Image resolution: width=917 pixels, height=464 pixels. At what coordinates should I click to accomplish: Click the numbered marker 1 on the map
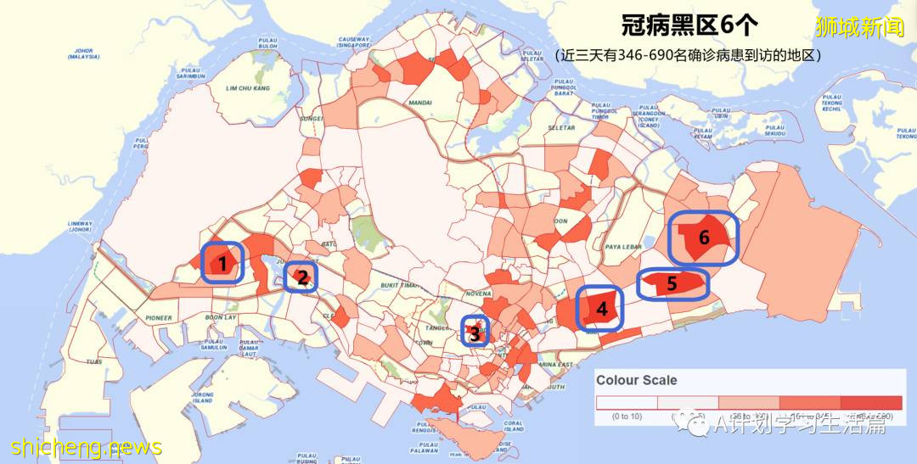click(222, 263)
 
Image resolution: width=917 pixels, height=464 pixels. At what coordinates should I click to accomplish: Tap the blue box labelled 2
click(301, 277)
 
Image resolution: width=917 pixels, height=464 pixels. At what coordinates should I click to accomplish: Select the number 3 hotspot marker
click(475, 333)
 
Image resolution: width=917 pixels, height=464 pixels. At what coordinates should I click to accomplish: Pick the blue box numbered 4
click(601, 309)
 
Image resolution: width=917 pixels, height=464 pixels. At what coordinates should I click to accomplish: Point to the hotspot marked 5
click(672, 283)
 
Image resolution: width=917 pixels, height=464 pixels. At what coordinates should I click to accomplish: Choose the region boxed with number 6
click(703, 238)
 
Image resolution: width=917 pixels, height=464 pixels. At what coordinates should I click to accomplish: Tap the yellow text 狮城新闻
click(859, 27)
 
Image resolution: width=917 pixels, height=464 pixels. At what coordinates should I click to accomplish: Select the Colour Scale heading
click(637, 380)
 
